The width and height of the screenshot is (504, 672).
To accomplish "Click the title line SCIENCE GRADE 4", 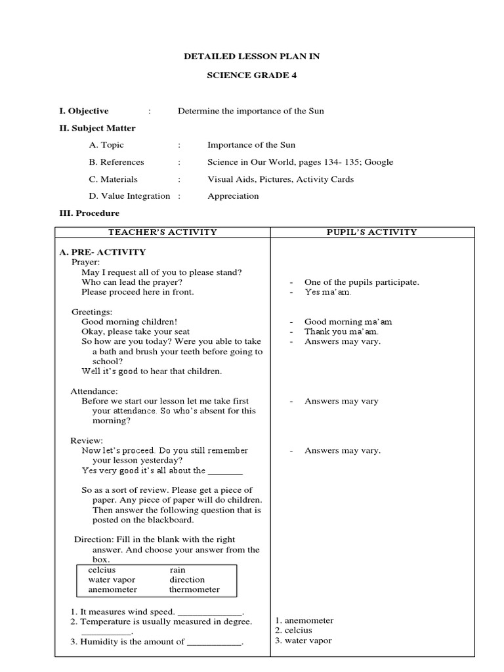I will [252, 75].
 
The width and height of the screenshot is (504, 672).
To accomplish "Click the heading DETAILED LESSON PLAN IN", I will [252, 56].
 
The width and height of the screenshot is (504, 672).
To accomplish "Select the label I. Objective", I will [84, 111].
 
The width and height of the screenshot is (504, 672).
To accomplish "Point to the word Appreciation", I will [233, 196].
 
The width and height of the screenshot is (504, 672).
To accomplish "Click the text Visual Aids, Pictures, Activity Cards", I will [280, 178].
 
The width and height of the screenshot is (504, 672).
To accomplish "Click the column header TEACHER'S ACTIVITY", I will [162, 232].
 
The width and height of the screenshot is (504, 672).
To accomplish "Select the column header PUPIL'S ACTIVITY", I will [372, 232].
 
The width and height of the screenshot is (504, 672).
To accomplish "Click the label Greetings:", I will [92, 312].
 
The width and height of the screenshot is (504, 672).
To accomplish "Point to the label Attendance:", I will [94, 391].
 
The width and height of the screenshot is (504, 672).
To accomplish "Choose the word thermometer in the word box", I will [194, 589].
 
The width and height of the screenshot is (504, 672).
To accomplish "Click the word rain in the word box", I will [177, 570].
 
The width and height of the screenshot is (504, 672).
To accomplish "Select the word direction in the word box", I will [187, 579].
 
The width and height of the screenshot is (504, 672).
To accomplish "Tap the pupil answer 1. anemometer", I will [304, 620].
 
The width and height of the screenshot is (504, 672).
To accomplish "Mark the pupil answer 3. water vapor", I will [303, 640].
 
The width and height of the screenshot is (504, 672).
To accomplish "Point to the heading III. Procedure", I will [89, 213].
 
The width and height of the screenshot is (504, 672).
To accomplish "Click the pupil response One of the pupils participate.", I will [362, 282].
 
